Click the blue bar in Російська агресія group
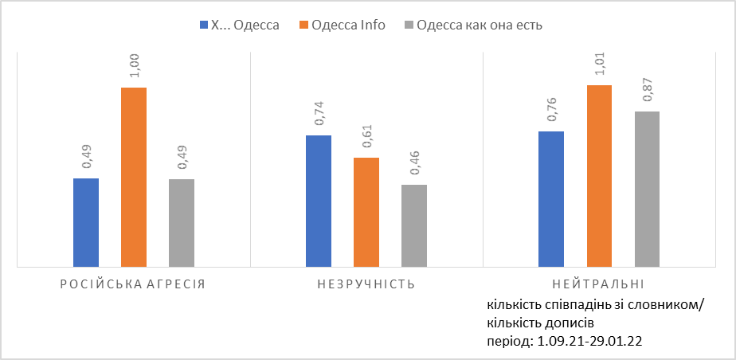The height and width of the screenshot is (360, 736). click(x=86, y=222)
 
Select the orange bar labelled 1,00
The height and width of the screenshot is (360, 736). click(x=134, y=177)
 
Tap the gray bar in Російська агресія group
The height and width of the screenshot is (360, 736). click(x=182, y=222)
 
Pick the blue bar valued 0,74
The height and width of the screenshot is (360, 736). click(x=319, y=201)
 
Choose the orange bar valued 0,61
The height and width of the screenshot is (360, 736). click(x=366, y=212)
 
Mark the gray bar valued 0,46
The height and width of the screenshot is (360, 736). click(x=414, y=225)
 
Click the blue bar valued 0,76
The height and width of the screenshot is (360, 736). click(x=551, y=198)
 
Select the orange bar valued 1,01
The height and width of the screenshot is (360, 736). click(x=599, y=175)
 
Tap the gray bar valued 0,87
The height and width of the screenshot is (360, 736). click(x=647, y=189)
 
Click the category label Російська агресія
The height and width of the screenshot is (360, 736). click(x=133, y=284)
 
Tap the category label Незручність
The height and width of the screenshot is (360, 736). click(x=366, y=284)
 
